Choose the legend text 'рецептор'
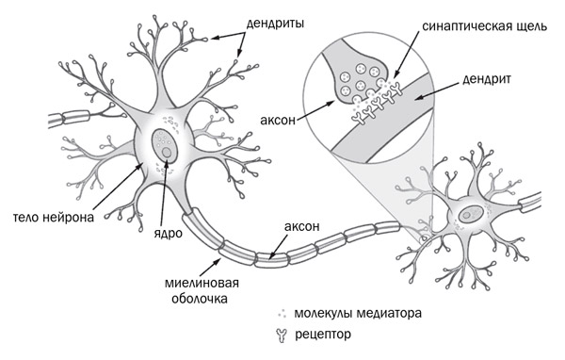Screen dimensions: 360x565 [322, 334]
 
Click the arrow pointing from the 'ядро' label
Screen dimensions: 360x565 [163, 188]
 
